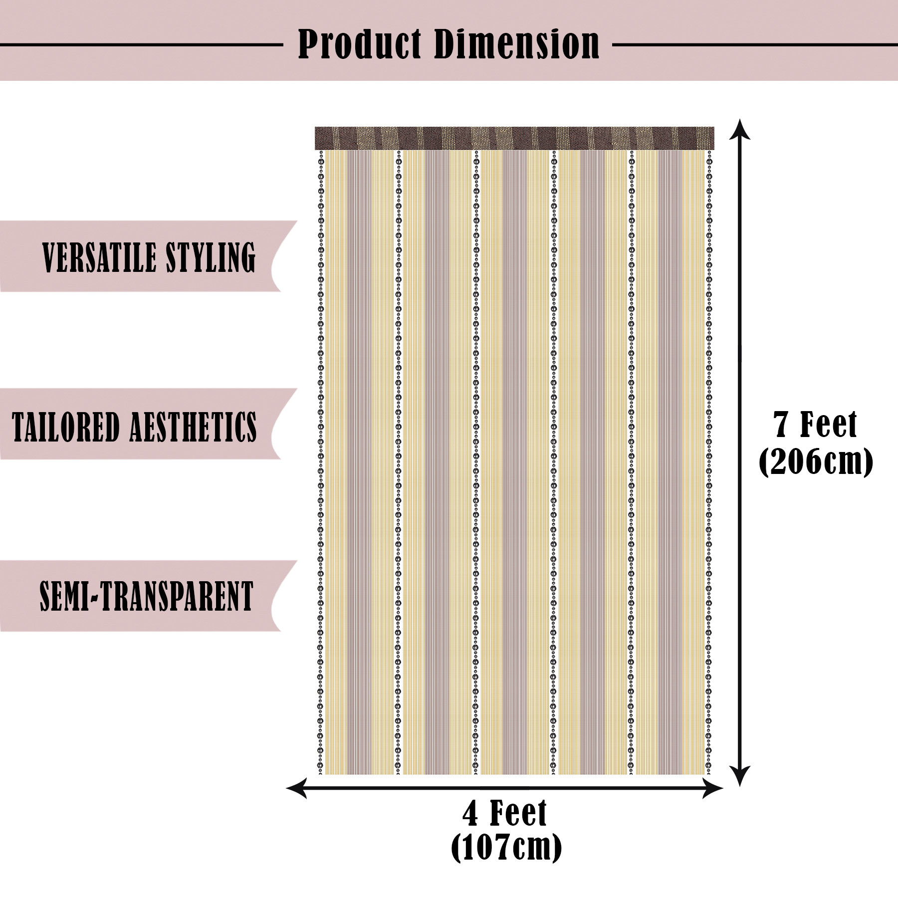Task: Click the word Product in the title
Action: tap(359, 44)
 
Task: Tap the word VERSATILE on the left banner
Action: tap(99, 257)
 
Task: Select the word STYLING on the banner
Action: tap(211, 257)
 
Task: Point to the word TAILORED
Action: tap(65, 427)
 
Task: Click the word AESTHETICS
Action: tap(194, 427)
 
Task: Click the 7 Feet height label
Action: tap(815, 425)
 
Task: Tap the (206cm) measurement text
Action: tap(815, 462)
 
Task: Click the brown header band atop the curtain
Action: tap(514, 138)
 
